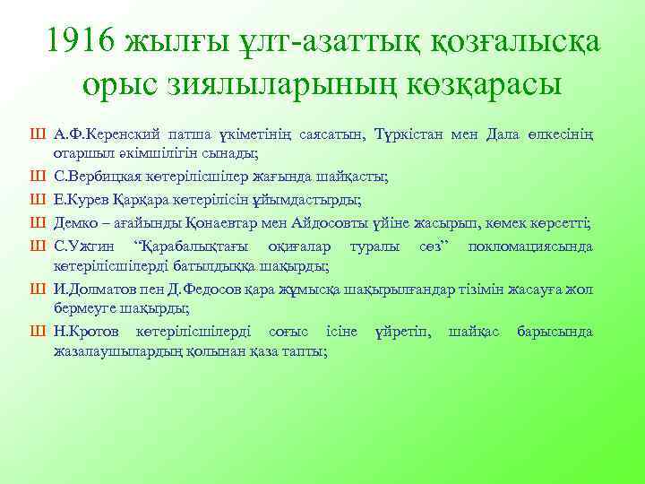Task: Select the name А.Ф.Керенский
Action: [106, 134]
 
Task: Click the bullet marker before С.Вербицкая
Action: [37, 175]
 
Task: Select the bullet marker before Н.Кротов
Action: [37, 332]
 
